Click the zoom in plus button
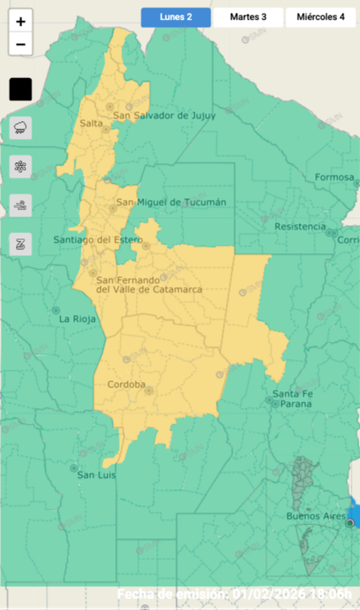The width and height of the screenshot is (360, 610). pyautogui.click(x=21, y=22)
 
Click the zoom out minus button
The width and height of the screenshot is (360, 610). pyautogui.click(x=21, y=44)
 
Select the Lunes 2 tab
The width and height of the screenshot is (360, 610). pyautogui.click(x=175, y=17)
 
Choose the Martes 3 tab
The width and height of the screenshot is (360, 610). pyautogui.click(x=248, y=17)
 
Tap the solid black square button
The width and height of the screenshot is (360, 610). pyautogui.click(x=21, y=89)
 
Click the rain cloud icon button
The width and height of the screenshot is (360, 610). pyautogui.click(x=21, y=127)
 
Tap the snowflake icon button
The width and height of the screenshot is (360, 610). pyautogui.click(x=21, y=167)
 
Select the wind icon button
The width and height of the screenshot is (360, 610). pyautogui.click(x=21, y=205)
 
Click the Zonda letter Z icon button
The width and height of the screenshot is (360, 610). pyautogui.click(x=21, y=244)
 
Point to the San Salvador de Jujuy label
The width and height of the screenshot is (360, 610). pyautogui.click(x=164, y=116)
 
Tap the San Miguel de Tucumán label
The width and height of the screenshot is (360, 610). pyautogui.click(x=171, y=202)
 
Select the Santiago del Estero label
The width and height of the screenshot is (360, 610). pyautogui.click(x=97, y=240)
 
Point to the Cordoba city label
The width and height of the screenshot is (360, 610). pyautogui.click(x=126, y=385)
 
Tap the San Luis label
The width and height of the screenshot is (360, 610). pyautogui.click(x=97, y=475)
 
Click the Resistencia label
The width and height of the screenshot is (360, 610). pyautogui.click(x=300, y=227)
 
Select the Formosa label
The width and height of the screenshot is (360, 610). pyautogui.click(x=334, y=177)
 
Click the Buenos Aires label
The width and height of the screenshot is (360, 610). pyautogui.click(x=316, y=516)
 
